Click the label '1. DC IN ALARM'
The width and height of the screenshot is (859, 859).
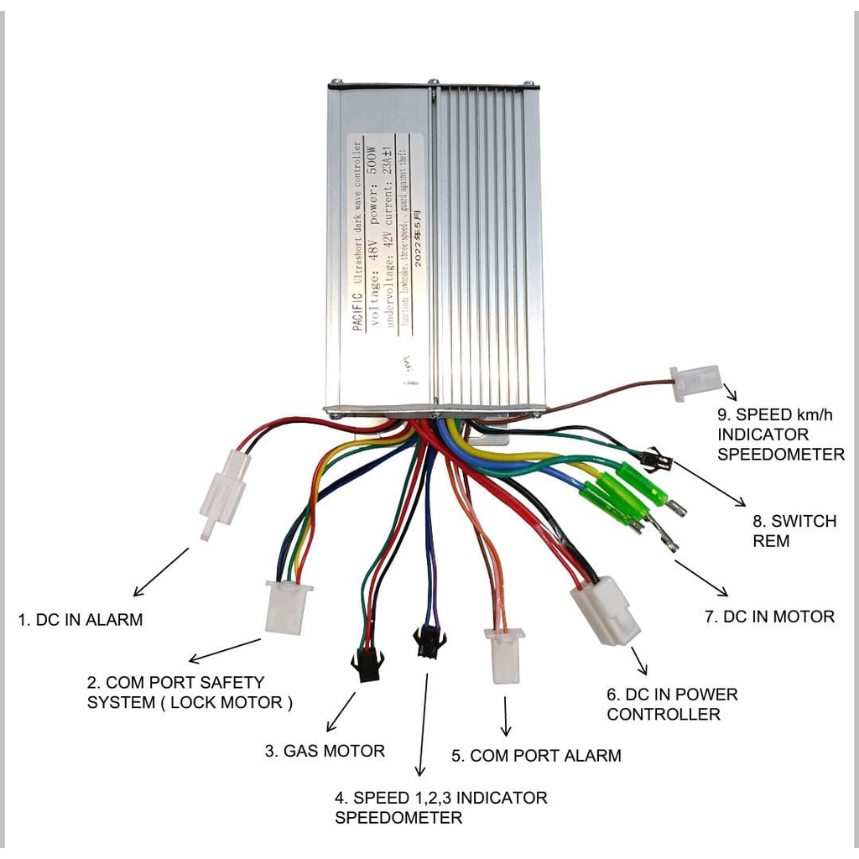81,620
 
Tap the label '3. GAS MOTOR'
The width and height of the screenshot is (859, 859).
325,751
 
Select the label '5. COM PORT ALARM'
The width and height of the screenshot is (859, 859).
536,755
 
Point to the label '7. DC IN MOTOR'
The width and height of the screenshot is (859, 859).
769,617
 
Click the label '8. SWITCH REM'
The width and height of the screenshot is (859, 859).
782,531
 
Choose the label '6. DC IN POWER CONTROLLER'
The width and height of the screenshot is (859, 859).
672,705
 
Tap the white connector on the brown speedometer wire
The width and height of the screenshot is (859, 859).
695,383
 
